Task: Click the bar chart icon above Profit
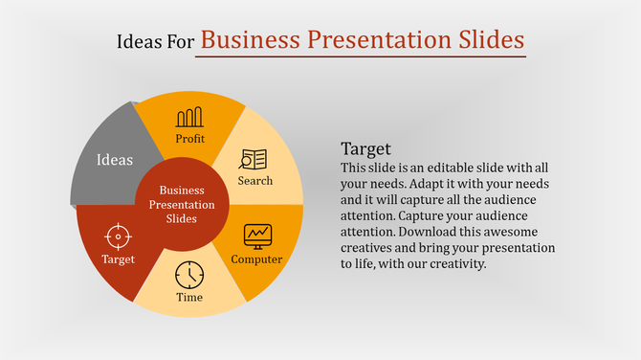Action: pyautogui.click(x=189, y=118)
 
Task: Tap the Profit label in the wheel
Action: pyautogui.click(x=189, y=139)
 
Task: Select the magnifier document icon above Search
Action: pyautogui.click(x=254, y=159)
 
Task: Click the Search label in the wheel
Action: pyautogui.click(x=255, y=180)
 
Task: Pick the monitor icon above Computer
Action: pyautogui.click(x=257, y=235)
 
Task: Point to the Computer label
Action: pyautogui.click(x=256, y=259)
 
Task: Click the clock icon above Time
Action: pyautogui.click(x=189, y=274)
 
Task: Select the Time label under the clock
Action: pyautogui.click(x=189, y=297)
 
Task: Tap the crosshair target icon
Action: pyautogui.click(x=118, y=236)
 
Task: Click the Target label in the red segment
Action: pyautogui.click(x=119, y=259)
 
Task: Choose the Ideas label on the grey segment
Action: pyautogui.click(x=115, y=160)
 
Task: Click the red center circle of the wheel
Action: pyautogui.click(x=182, y=204)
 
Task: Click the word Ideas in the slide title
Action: pyautogui.click(x=137, y=41)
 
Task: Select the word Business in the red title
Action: pyautogui.click(x=253, y=39)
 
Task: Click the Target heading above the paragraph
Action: pyautogui.click(x=366, y=149)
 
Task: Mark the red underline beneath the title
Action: pyautogui.click(x=361, y=56)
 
